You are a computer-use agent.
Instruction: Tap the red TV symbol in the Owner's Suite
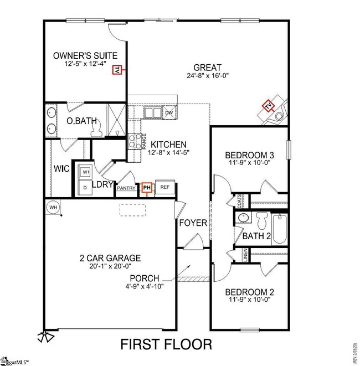(117, 70)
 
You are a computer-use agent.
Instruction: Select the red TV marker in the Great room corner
(269, 105)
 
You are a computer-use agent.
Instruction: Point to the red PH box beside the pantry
(147, 188)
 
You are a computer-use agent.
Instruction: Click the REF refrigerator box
(164, 188)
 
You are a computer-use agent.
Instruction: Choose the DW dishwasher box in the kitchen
(168, 113)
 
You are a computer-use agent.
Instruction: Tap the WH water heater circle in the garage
(53, 207)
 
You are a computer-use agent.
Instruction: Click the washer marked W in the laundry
(86, 172)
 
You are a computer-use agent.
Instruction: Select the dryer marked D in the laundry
(86, 188)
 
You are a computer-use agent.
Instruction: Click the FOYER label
(193, 223)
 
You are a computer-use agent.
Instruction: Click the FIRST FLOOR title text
(166, 344)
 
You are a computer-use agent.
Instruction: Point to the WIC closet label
(61, 168)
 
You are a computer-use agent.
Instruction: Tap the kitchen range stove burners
(134, 142)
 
